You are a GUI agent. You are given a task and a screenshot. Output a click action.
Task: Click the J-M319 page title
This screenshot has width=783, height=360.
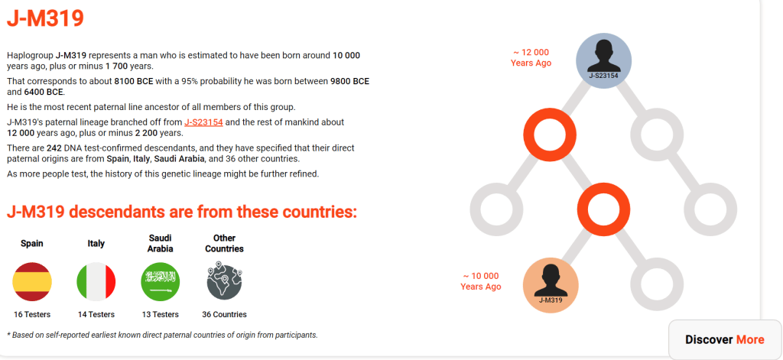(45, 19)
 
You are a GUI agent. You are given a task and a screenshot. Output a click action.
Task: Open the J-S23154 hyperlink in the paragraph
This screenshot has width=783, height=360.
(203, 122)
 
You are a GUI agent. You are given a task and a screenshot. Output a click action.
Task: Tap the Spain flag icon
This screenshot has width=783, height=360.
(32, 281)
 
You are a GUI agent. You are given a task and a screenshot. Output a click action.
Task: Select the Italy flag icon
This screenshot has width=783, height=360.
(96, 281)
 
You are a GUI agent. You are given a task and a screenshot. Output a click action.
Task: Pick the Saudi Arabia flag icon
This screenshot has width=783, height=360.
(161, 281)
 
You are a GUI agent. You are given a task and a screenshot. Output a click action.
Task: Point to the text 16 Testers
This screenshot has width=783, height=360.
(32, 315)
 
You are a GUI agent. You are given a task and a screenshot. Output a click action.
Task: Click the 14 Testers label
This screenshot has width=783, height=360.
(96, 315)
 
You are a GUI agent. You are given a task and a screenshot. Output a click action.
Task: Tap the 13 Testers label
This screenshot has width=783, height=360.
(161, 315)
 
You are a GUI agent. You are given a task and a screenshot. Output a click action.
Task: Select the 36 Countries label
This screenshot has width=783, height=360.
(224, 315)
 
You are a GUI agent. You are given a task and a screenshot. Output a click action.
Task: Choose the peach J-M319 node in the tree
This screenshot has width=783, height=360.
(551, 285)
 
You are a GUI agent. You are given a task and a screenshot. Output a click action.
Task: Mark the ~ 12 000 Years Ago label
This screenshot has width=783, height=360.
(531, 57)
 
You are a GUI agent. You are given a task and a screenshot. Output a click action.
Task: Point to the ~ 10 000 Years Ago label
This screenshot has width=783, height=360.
(481, 281)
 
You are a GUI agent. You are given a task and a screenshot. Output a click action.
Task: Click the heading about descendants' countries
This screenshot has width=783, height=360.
(182, 212)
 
